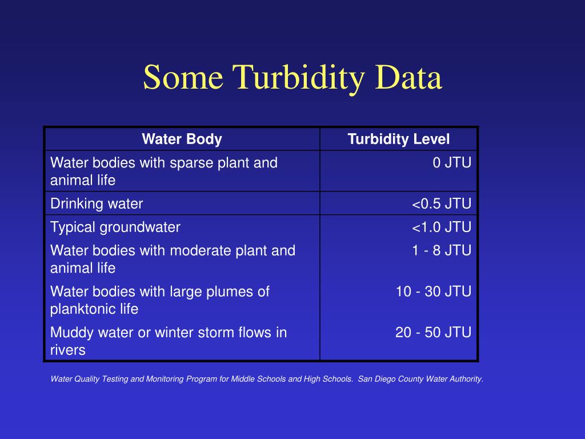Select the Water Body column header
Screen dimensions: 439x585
point(182,139)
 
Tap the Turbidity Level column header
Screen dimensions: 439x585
point(399,139)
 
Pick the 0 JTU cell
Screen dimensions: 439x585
point(452,163)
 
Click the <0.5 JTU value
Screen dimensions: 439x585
point(442,203)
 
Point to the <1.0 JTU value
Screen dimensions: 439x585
point(442,227)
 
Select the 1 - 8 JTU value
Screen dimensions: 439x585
point(442,250)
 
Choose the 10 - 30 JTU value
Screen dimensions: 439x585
point(434,292)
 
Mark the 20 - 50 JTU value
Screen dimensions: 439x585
point(434,332)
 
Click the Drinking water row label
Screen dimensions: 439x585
point(97,203)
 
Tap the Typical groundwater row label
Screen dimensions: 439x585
point(115,227)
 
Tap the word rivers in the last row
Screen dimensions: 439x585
point(67,350)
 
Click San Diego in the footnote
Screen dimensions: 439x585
point(377,378)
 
